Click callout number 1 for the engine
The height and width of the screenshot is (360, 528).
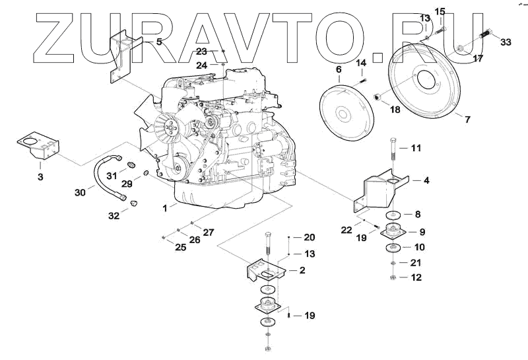(x=165, y=207)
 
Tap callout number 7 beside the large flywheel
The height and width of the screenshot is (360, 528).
(x=467, y=120)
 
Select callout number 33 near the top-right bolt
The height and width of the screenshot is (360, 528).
(x=506, y=42)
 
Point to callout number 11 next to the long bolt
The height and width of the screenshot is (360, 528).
(x=416, y=148)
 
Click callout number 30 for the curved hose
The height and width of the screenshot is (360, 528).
(x=79, y=192)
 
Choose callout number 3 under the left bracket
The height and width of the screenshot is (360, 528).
(x=40, y=177)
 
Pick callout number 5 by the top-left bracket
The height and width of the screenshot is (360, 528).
(x=158, y=42)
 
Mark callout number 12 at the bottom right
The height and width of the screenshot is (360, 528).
(x=416, y=277)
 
